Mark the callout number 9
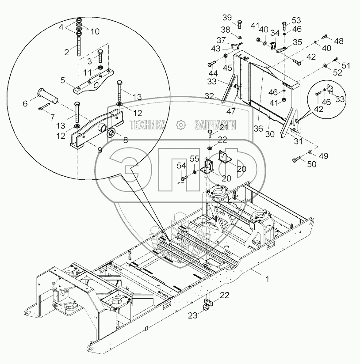[x=100, y=150]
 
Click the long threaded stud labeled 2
[x=79, y=45]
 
